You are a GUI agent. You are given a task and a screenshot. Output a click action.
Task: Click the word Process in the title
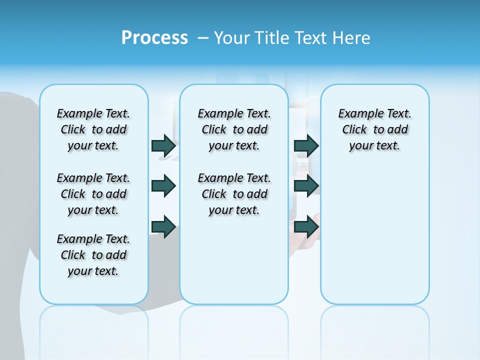(x=154, y=37)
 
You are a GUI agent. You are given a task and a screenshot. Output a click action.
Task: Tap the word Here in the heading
(x=351, y=37)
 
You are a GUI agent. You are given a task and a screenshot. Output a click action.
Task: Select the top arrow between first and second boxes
(x=163, y=145)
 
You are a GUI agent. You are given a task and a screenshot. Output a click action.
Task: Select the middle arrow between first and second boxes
(x=163, y=186)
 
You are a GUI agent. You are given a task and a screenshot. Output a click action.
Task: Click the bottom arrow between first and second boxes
(x=163, y=226)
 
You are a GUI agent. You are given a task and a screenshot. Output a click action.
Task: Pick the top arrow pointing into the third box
(x=306, y=145)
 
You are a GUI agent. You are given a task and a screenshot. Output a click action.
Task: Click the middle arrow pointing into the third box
(x=306, y=186)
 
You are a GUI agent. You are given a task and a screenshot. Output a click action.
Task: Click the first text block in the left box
(x=93, y=129)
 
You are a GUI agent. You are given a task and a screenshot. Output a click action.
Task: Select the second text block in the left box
(x=93, y=194)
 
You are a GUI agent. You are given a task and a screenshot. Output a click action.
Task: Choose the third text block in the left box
(x=93, y=255)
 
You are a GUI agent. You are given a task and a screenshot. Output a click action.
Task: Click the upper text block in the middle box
(x=234, y=129)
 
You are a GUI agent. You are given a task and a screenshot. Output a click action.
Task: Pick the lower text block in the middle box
(x=234, y=194)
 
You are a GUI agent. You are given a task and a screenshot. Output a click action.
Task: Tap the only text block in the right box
(x=374, y=129)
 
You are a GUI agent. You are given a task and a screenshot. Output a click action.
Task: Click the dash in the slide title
(x=203, y=37)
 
